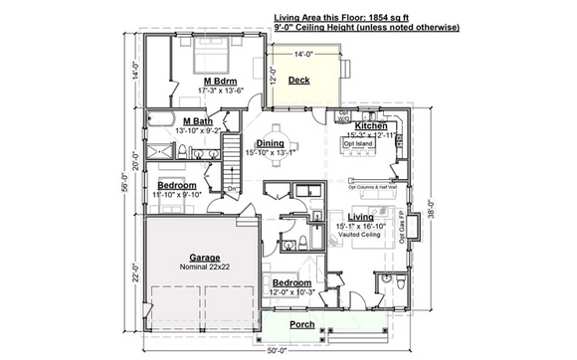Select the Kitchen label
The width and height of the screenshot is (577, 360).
point(371,127)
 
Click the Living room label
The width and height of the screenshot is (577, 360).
point(360,216)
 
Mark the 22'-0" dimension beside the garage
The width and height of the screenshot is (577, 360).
point(134,272)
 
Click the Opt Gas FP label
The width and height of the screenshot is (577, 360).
point(402,230)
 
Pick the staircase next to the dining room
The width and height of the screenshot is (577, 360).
point(231,159)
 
